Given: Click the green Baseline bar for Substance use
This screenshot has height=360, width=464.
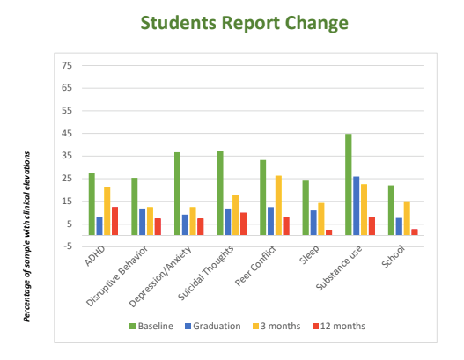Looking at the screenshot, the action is click(x=349, y=185).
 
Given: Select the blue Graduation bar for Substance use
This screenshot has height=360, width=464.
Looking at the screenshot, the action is click(x=357, y=206).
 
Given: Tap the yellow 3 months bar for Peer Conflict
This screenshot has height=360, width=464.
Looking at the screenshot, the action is click(x=278, y=206).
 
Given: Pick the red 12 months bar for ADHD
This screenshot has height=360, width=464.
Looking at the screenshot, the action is click(x=114, y=221).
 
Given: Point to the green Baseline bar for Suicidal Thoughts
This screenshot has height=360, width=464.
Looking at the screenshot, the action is click(x=220, y=194).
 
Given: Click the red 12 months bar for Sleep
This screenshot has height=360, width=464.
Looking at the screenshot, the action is click(x=329, y=232).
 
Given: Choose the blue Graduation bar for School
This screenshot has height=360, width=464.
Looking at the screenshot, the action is click(x=399, y=226).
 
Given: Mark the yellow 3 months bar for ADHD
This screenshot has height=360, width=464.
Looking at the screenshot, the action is click(x=107, y=211).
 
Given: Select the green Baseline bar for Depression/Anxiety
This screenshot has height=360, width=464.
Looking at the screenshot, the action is click(x=178, y=194).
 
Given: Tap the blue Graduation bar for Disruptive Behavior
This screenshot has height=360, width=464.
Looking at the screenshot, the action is click(x=143, y=222).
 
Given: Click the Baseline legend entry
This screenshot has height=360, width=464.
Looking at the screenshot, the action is click(x=151, y=326).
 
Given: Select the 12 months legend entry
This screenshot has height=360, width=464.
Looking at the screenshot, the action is click(x=339, y=326).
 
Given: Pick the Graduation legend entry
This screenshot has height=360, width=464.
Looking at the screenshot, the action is click(x=213, y=326).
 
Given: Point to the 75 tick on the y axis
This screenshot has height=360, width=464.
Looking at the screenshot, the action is click(x=67, y=65).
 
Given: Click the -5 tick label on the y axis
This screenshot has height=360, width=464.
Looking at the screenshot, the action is click(x=68, y=246).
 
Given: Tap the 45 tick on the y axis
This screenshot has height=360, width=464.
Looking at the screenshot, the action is click(x=67, y=134).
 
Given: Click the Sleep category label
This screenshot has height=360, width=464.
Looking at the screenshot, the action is click(x=310, y=254).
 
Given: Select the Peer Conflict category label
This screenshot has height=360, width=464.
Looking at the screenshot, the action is click(x=255, y=266).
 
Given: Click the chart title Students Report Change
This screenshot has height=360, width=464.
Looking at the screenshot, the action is click(x=245, y=23).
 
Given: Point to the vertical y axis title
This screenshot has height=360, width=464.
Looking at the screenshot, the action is click(x=26, y=237).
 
